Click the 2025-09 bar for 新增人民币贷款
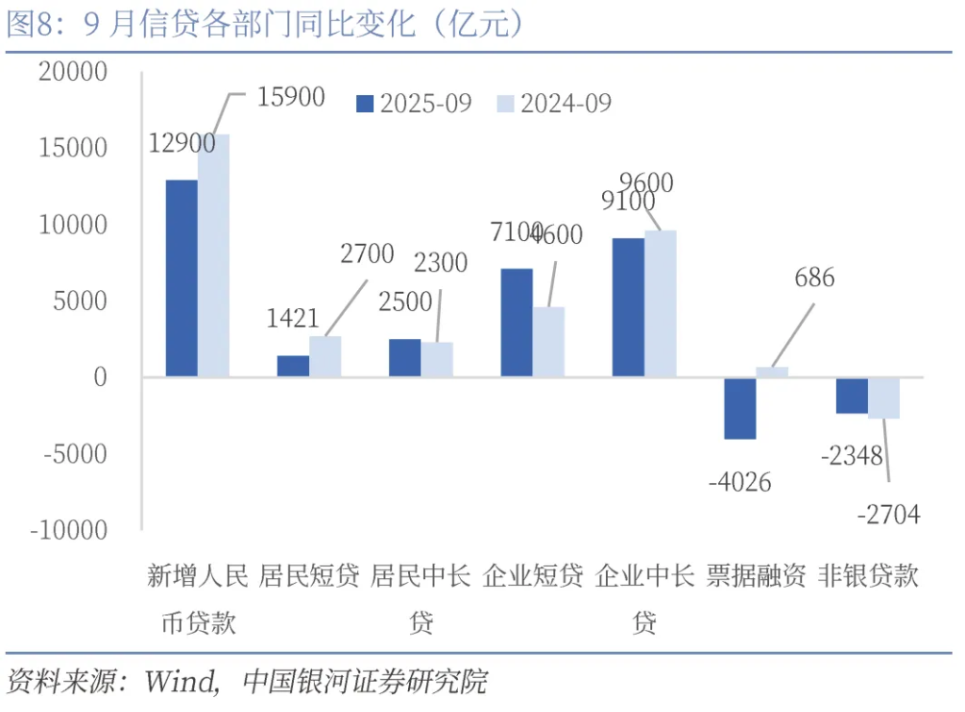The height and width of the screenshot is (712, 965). [x=182, y=278]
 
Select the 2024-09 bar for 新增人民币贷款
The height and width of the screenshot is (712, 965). [x=214, y=255]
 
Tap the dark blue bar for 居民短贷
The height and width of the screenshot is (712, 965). [x=293, y=366]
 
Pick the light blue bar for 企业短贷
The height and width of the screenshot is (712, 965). [x=548, y=342]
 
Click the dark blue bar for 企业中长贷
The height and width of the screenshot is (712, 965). [x=628, y=308]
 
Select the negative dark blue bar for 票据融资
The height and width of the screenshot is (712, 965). [x=740, y=408]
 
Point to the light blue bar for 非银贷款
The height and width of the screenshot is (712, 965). [x=884, y=397]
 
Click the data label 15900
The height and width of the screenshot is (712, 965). [x=290, y=96]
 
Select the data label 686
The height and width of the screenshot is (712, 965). [x=814, y=278]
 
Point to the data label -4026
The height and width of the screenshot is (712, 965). [x=739, y=483]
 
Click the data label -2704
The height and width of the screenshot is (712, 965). [x=888, y=514]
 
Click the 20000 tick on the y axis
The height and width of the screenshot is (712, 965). [x=73, y=72]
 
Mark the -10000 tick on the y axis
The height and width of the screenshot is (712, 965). [x=69, y=530]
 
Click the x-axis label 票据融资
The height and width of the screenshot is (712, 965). [x=756, y=576]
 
